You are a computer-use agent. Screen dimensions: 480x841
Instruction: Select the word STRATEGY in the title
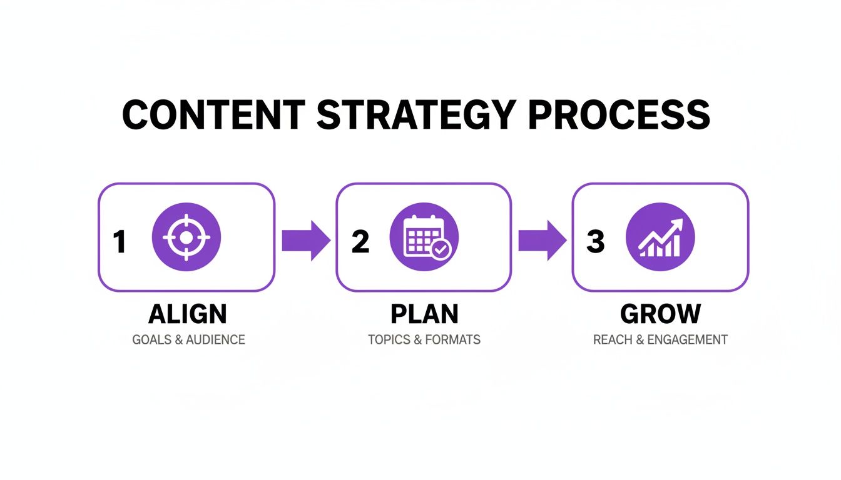coord(417,114)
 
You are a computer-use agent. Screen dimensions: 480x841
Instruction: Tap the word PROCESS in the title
coord(620,114)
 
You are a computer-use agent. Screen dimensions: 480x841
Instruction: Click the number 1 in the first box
coord(119,242)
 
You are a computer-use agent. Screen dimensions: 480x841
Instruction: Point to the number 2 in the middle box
coord(360,242)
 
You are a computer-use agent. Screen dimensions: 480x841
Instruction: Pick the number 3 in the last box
coord(595,242)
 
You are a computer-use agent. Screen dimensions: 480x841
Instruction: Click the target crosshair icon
coord(186,237)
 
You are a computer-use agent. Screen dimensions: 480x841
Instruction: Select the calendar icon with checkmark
coord(424,237)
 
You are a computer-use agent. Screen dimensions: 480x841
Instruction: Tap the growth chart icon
coord(660,237)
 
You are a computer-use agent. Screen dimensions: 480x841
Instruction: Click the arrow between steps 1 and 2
coord(305,240)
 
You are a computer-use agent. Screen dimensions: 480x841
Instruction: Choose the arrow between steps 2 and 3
coord(542,240)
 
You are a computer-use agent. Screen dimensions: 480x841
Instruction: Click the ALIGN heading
coord(188,314)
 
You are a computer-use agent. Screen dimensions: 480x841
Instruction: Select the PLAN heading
coord(424,314)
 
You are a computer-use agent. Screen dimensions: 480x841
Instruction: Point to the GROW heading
coord(660,314)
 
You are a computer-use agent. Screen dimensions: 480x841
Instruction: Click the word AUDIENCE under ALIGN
coord(215,340)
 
